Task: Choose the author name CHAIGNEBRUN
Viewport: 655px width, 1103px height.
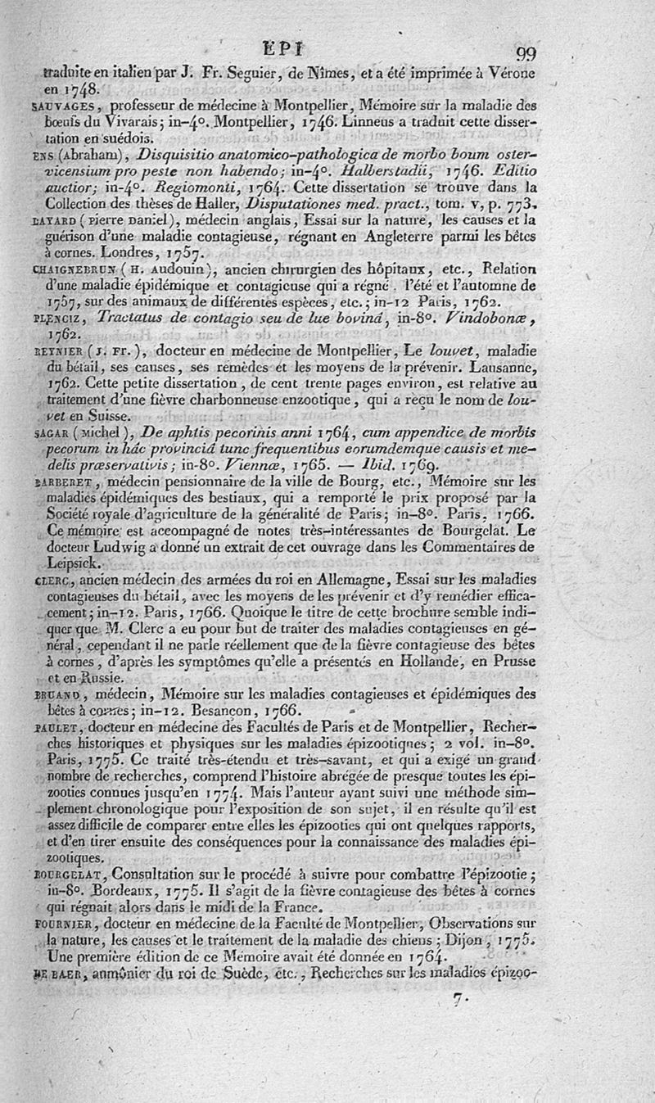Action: point(75,270)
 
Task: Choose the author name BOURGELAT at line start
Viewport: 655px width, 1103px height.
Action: point(69,874)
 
